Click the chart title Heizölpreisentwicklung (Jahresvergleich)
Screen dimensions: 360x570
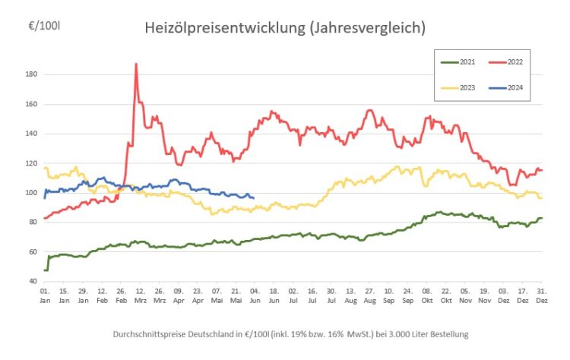pyautogui.click(x=285, y=27)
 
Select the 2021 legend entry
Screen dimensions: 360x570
pyautogui.click(x=459, y=61)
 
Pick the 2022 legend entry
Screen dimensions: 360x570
pyautogui.click(x=509, y=61)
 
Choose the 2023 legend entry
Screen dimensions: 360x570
pyautogui.click(x=459, y=88)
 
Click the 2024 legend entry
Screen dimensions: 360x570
pyautogui.click(x=509, y=88)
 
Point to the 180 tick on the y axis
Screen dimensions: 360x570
pyautogui.click(x=31, y=74)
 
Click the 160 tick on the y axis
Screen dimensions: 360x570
pyautogui.click(x=31, y=104)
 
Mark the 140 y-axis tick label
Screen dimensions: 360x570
pyautogui.click(x=31, y=134)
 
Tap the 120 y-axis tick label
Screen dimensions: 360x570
pyautogui.click(x=31, y=163)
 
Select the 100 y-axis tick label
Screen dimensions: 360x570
pyautogui.click(x=31, y=193)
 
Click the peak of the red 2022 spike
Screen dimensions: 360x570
pyautogui.click(x=136, y=65)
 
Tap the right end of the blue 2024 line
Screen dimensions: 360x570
pyautogui.click(x=253, y=198)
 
